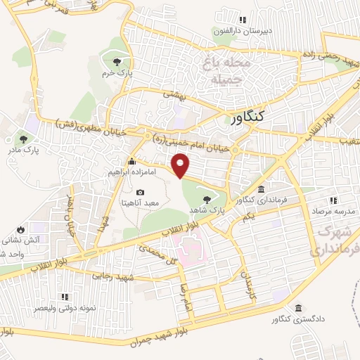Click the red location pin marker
[181, 165]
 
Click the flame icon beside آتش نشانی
[20, 230]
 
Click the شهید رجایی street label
[113, 276]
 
